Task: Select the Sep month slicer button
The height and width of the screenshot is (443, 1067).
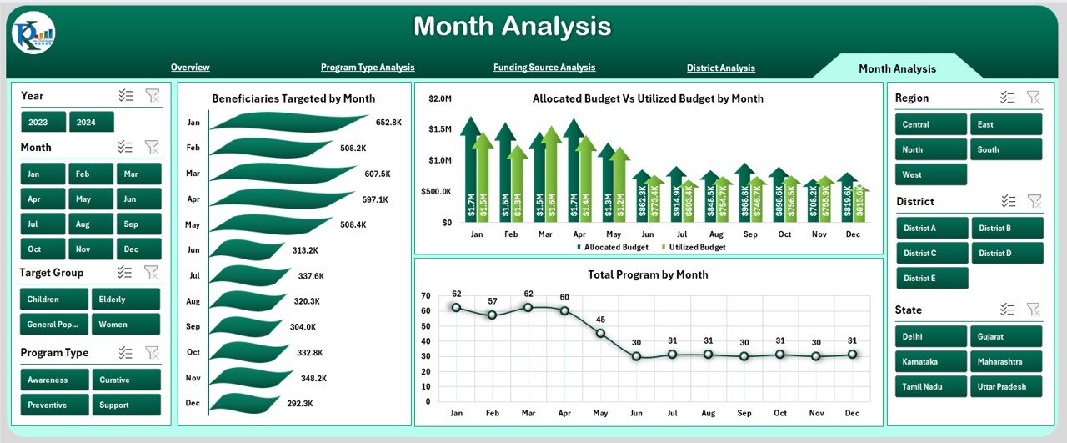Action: click(130, 224)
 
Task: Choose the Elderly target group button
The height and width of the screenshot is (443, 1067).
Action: click(126, 299)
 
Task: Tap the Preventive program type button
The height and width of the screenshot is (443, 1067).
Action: click(54, 405)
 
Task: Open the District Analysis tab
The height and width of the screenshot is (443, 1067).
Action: click(720, 68)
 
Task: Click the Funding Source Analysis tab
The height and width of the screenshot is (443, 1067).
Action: click(544, 67)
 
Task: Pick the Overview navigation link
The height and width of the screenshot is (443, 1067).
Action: click(190, 67)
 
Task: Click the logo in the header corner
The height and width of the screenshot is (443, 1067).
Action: click(34, 33)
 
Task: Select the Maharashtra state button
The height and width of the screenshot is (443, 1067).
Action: click(1004, 361)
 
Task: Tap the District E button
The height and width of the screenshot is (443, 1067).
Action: click(932, 278)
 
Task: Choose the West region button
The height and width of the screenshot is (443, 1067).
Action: click(931, 174)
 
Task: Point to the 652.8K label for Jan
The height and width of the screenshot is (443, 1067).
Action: click(388, 123)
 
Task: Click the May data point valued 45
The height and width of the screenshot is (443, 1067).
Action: click(600, 333)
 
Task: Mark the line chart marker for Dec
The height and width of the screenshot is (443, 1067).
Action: click(853, 354)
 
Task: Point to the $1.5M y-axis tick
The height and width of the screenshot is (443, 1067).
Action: click(440, 129)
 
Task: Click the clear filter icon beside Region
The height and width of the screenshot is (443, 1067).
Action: click(1034, 98)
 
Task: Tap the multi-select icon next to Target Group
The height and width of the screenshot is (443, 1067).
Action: click(126, 272)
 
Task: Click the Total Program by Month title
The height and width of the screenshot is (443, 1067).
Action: click(648, 274)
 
